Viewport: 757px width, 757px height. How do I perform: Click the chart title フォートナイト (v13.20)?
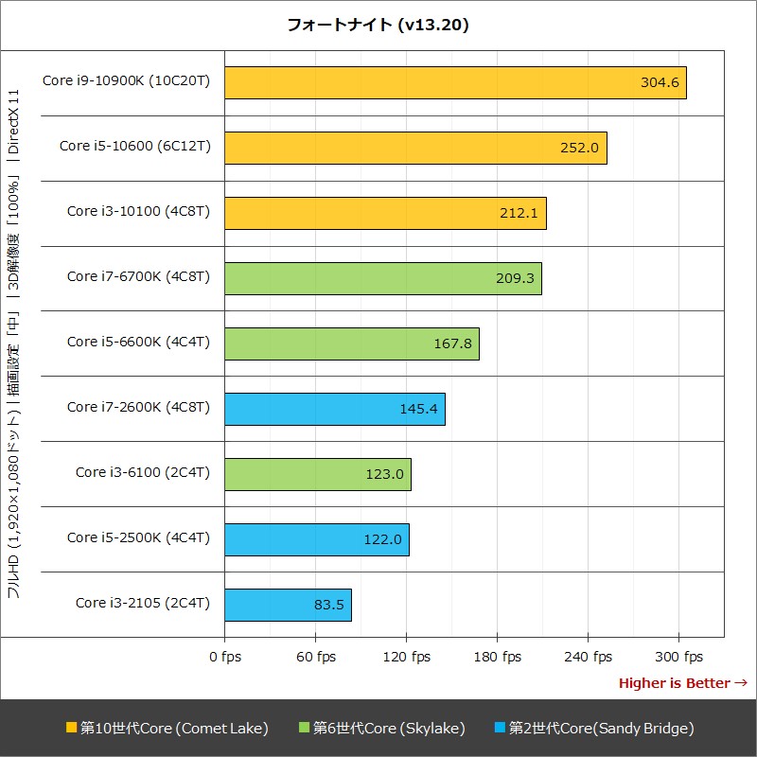coord(378,26)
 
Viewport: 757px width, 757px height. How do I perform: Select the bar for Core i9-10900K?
coord(455,82)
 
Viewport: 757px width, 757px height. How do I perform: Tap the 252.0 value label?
coord(580,148)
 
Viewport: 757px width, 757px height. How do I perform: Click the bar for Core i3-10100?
coord(385,213)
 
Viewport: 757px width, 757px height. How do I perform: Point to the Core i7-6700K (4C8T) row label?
coord(138,277)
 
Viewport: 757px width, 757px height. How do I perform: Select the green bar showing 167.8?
coord(351,343)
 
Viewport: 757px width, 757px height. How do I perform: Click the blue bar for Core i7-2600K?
coord(334,409)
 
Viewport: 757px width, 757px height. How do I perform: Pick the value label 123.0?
coord(384,474)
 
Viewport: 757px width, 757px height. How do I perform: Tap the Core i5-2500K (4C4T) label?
coord(138,538)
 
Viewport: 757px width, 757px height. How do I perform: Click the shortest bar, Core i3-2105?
coord(288,604)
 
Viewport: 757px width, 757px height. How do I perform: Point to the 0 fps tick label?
coord(224,657)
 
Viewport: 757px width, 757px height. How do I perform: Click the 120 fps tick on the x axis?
coord(406,657)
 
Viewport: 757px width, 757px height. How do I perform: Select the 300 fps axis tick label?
coord(678,657)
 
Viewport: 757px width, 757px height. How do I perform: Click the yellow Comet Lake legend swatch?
coord(71,728)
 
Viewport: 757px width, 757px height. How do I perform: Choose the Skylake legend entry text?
coord(389,728)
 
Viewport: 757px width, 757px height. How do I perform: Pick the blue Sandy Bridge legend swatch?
coord(500,728)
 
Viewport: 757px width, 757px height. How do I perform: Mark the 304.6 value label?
coord(660,82)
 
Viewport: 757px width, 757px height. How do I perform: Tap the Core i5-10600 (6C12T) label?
coord(134,146)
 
